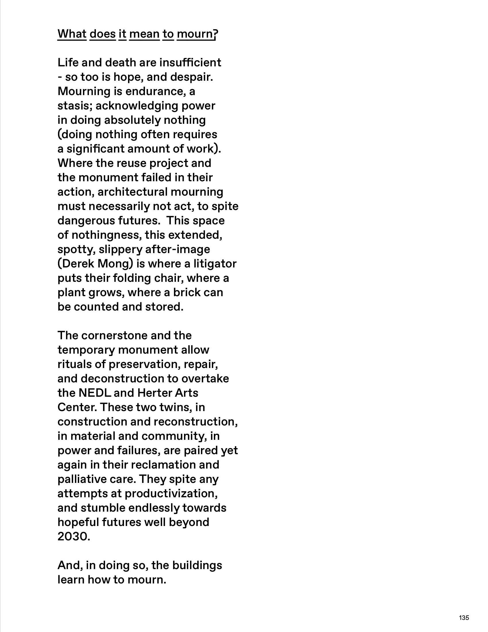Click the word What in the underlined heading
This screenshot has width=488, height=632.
coord(72,34)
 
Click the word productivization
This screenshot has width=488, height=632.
coord(171,494)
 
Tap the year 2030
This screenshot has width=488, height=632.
coord(74,537)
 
